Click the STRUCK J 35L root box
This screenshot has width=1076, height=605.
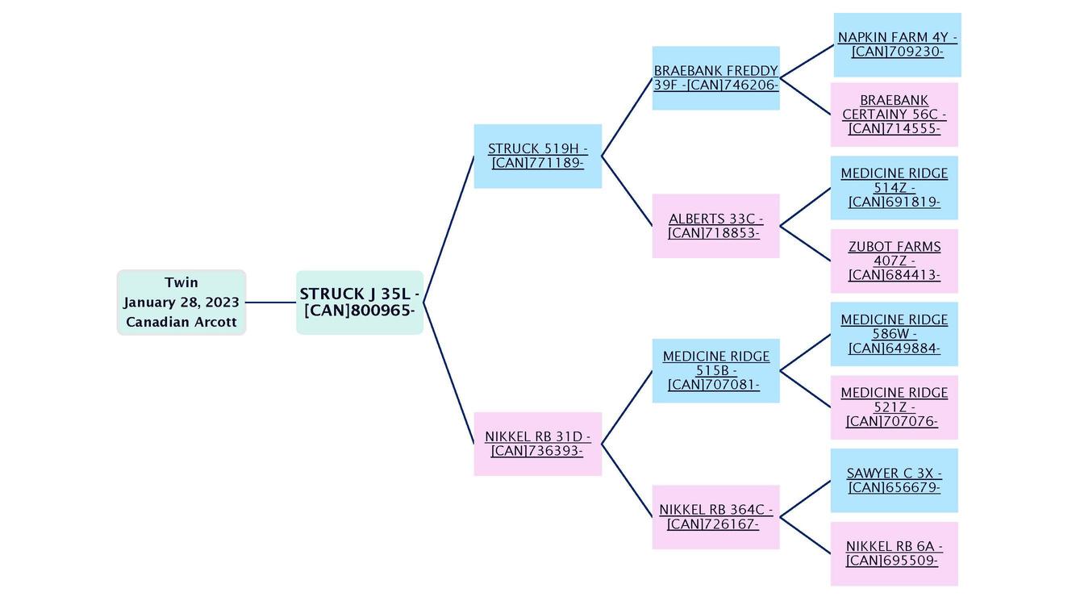coord(359,302)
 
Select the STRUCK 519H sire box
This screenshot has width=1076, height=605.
coord(537,156)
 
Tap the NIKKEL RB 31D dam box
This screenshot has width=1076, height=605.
coord(537,444)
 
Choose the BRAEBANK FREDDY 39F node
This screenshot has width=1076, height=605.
coord(715,78)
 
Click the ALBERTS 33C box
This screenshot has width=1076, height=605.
coord(715,226)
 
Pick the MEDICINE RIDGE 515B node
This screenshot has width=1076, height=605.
coord(715,370)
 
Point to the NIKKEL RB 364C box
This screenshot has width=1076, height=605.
coord(715,517)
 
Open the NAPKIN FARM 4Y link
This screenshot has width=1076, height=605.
coord(897,44)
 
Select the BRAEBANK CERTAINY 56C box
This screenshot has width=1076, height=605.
coord(894,115)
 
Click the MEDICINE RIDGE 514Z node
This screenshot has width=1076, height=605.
coord(894,188)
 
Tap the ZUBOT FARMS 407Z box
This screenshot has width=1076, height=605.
coord(894,261)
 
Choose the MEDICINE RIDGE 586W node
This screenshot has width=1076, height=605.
coord(894,334)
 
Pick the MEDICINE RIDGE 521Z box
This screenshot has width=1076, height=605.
coord(894,407)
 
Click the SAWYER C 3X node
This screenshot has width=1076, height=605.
coord(894,481)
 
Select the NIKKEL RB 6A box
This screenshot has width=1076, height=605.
coord(894,553)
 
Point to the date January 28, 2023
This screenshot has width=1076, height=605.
coord(181,302)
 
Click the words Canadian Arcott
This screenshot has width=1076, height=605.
coord(181,322)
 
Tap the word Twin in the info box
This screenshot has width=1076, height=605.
coord(181,282)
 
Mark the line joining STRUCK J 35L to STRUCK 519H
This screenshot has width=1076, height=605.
coord(448,230)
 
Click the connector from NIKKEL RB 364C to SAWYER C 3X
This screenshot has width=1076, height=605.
coord(805,499)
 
